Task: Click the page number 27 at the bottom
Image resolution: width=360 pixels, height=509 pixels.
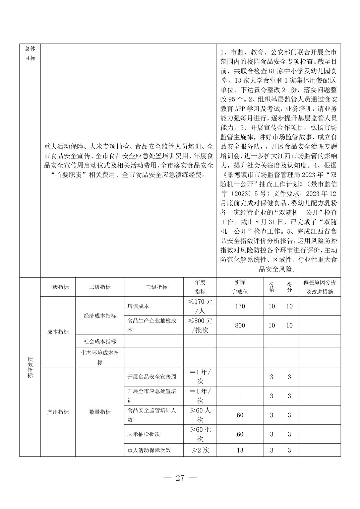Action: point(180,478)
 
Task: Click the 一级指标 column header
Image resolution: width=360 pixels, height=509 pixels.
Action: point(58,287)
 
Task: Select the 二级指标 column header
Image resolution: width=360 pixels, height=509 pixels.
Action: point(100,287)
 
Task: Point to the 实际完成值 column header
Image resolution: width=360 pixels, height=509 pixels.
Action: point(240,287)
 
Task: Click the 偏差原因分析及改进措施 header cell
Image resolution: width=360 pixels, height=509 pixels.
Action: point(319,287)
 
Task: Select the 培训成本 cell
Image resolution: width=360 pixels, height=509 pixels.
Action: point(138,306)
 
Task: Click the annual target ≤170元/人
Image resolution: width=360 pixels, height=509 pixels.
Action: point(200,306)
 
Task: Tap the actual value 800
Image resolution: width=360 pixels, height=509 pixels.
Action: point(240,325)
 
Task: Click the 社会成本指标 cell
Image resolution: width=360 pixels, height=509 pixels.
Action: point(100,341)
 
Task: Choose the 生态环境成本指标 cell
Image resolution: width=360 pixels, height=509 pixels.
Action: point(100,357)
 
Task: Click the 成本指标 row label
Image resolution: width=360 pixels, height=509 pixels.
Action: point(58,332)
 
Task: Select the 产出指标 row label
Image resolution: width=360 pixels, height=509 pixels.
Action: point(58,412)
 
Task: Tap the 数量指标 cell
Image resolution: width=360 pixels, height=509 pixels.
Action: point(100,412)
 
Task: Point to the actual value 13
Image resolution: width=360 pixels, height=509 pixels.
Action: point(240,450)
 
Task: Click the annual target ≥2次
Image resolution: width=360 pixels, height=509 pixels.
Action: point(200,450)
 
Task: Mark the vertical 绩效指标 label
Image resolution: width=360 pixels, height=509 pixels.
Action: point(30,367)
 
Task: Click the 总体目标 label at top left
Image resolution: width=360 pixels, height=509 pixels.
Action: point(30,53)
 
